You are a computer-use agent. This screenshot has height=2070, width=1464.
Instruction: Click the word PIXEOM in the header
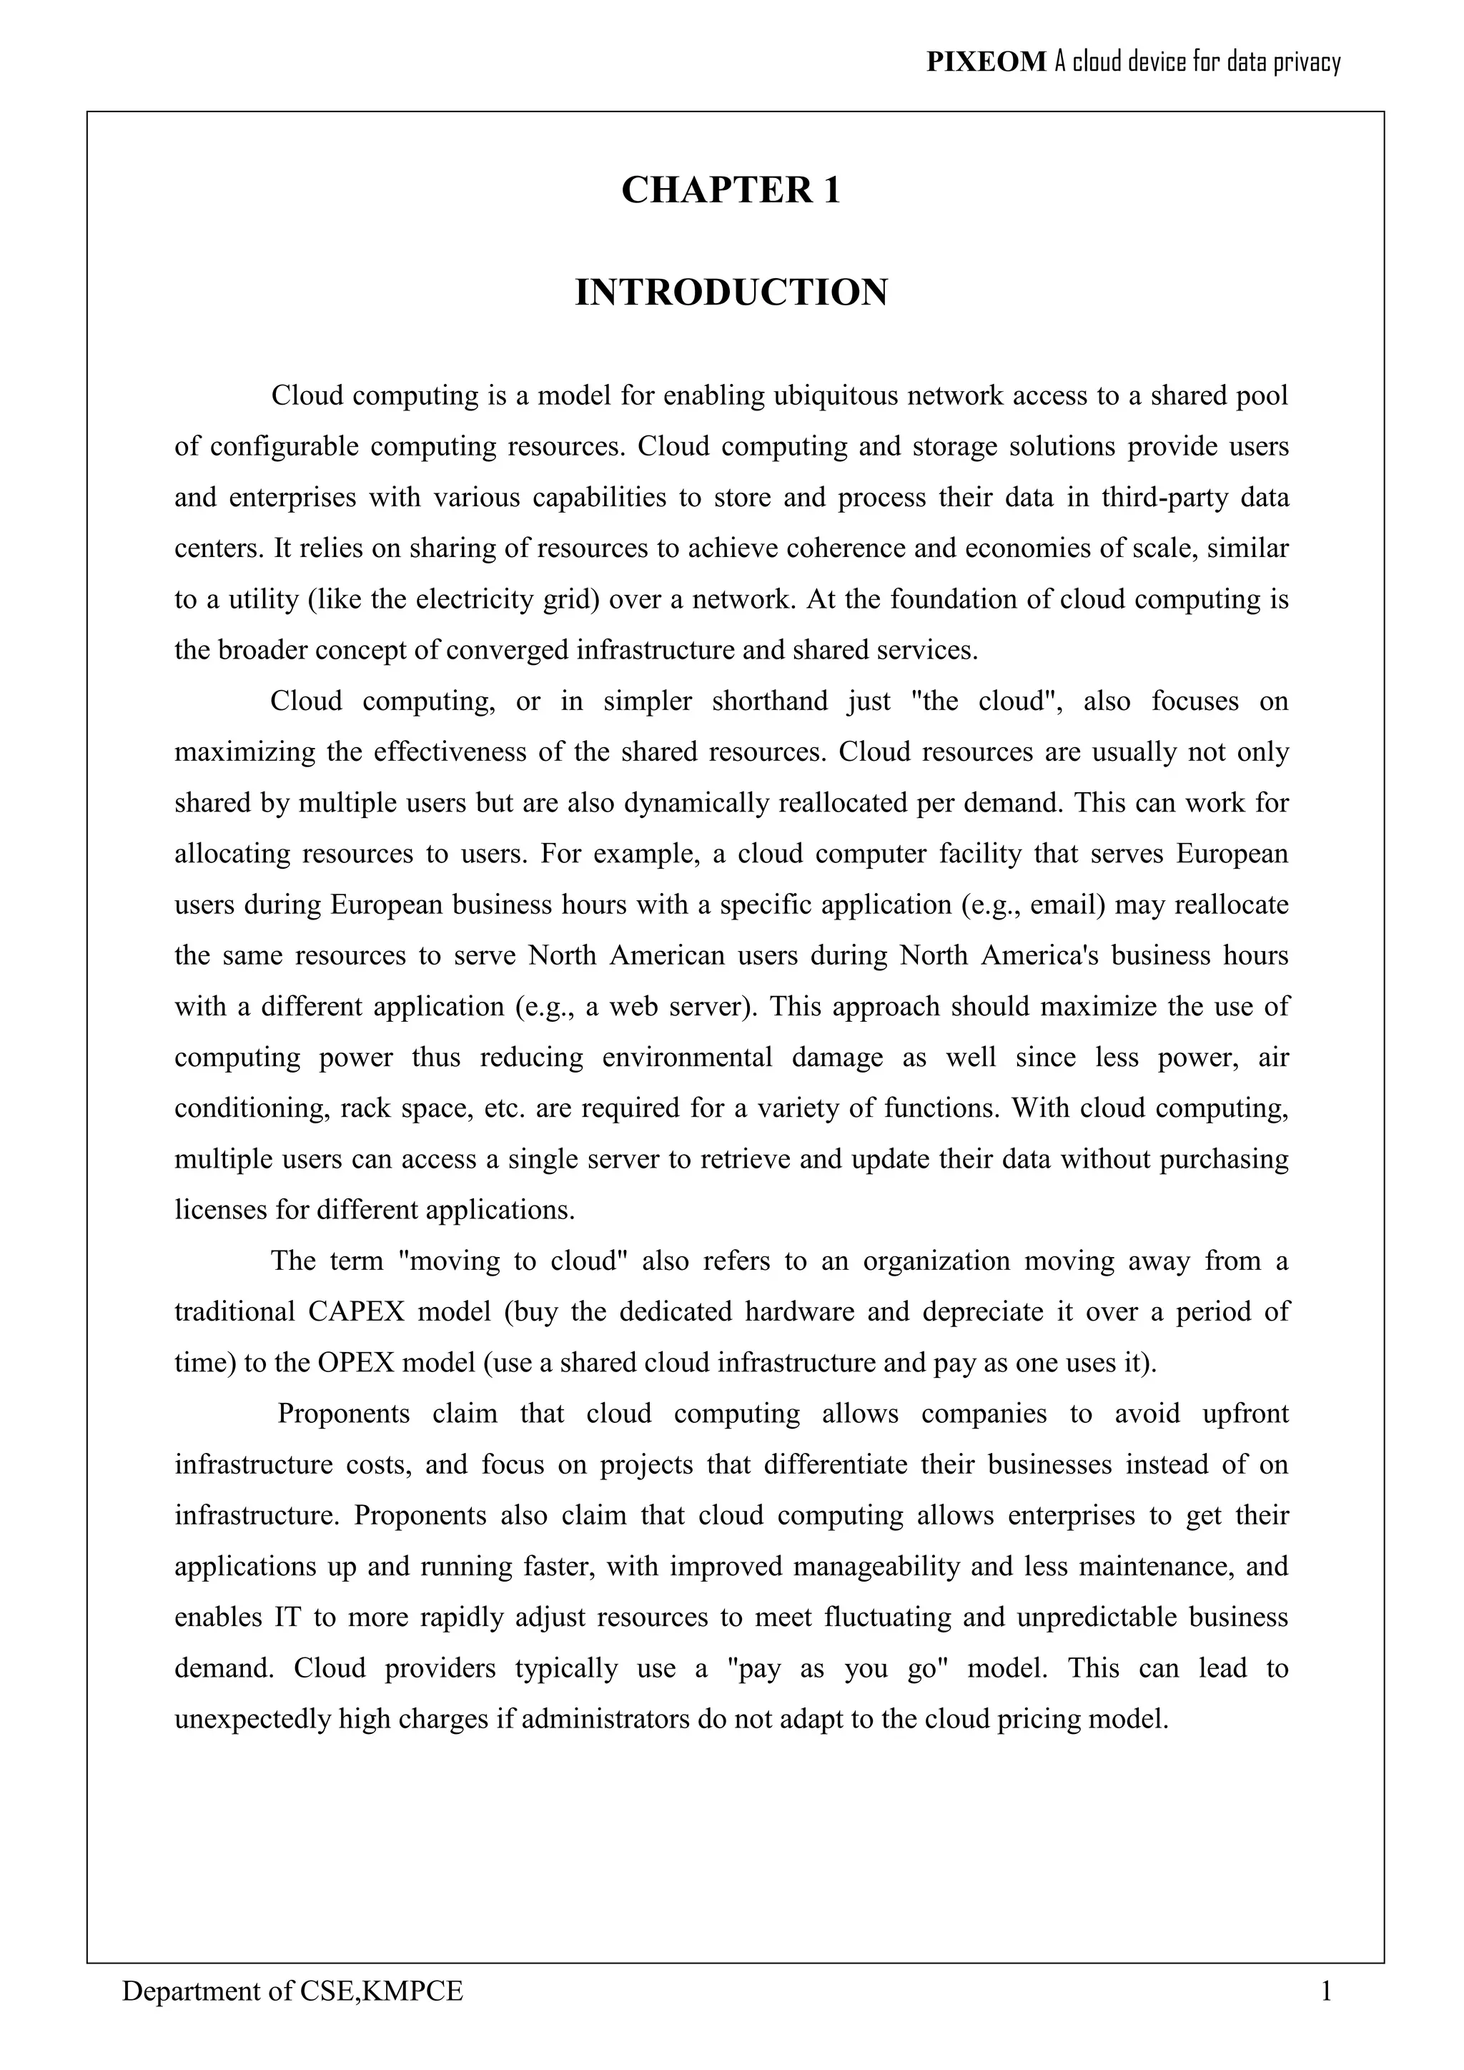[x=986, y=62]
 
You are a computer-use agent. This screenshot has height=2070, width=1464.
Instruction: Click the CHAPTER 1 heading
[x=731, y=190]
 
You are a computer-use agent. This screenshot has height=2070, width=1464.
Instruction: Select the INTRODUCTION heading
[x=731, y=293]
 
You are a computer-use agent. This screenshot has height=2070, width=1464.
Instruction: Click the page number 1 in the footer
[x=1325, y=1991]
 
